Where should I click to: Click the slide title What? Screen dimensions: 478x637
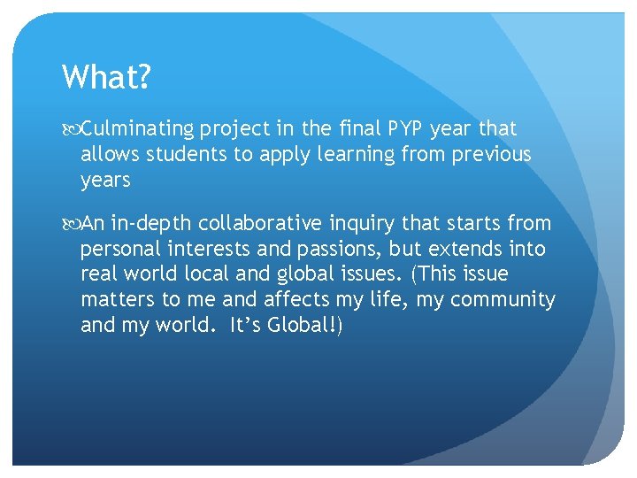click(107, 77)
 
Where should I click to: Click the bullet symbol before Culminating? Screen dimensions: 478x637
click(71, 129)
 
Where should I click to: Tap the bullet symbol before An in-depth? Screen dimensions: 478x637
click(71, 224)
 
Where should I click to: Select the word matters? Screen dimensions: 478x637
click(117, 300)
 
